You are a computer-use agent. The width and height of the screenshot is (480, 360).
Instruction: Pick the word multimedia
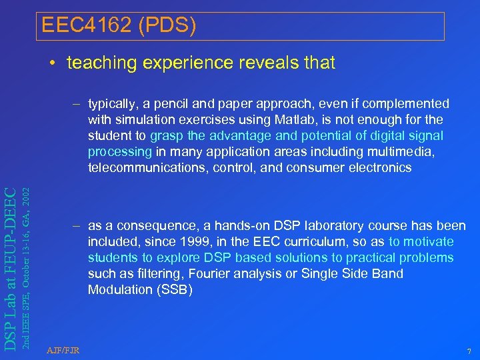tap(408, 152)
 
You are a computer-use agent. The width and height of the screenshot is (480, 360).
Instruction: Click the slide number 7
tap(468, 351)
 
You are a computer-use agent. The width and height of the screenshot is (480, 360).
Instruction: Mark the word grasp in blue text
tap(165, 136)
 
